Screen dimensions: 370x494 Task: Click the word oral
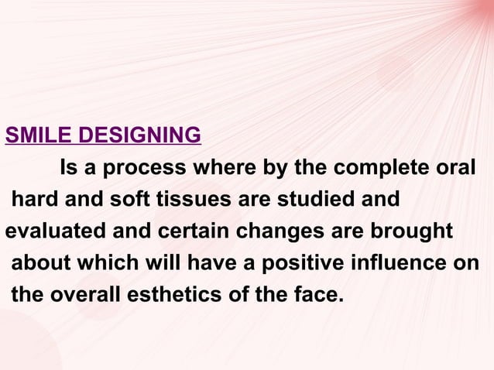pos(455,169)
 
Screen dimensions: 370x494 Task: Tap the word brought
pos(414,231)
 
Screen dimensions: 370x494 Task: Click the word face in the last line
pos(317,294)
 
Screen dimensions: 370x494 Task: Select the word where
pos(229,169)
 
